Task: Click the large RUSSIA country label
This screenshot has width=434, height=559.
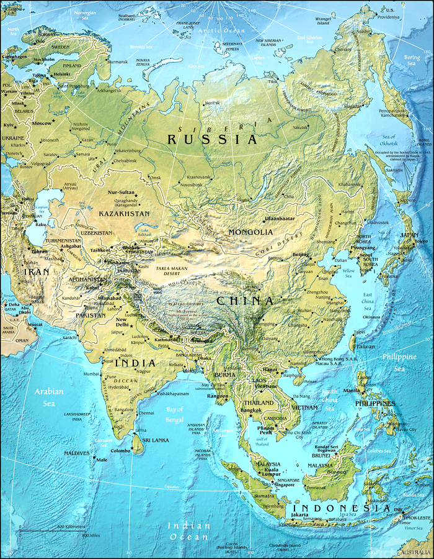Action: click(212, 139)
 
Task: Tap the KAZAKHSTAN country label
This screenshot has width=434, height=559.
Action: click(124, 213)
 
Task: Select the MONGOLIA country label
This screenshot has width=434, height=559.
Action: click(250, 232)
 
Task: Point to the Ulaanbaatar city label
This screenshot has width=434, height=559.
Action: click(279, 219)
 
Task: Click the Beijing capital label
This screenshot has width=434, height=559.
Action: click(300, 255)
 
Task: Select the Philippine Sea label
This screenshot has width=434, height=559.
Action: click(399, 362)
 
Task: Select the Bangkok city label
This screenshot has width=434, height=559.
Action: click(250, 411)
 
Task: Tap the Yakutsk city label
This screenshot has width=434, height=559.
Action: click(300, 127)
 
